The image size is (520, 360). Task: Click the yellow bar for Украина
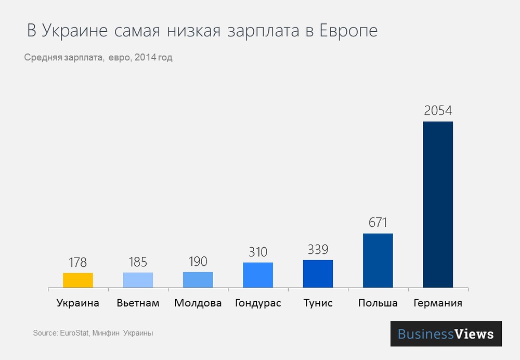click(78, 280)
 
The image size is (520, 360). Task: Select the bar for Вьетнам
click(138, 280)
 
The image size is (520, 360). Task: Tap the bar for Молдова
click(198, 279)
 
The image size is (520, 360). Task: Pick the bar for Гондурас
click(258, 275)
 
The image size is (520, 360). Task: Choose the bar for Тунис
click(318, 274)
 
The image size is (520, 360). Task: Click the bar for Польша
click(378, 260)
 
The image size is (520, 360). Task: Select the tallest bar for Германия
click(438, 204)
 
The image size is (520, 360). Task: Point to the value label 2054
click(438, 111)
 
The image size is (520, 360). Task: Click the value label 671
click(378, 223)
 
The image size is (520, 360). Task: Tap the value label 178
click(77, 262)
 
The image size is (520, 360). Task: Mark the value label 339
click(318, 249)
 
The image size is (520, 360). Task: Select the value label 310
click(257, 252)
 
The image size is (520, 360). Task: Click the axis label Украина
click(77, 303)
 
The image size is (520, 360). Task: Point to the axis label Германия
click(438, 303)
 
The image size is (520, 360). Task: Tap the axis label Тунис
click(318, 303)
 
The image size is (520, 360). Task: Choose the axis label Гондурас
click(258, 303)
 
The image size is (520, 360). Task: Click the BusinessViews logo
click(446, 333)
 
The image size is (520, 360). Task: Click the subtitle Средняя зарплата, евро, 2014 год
click(98, 58)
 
